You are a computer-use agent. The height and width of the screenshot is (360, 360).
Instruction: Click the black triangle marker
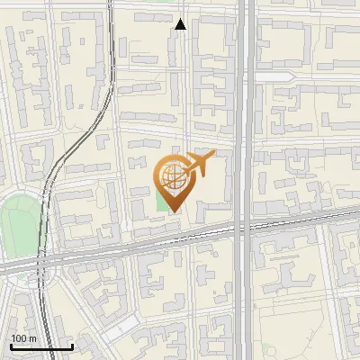pyautogui.click(x=181, y=24)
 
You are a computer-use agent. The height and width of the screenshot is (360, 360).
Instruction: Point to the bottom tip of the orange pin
pyautogui.click(x=172, y=212)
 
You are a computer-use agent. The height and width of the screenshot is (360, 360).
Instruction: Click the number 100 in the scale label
pyautogui.click(x=19, y=338)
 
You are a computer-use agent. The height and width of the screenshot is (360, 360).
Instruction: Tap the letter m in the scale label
pyautogui.click(x=31, y=338)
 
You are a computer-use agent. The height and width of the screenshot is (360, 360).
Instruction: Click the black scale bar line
pyautogui.click(x=41, y=346)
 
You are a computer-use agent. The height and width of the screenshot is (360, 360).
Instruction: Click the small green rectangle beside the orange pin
pyautogui.click(x=162, y=201)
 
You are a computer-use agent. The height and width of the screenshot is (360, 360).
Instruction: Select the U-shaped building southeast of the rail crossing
pyautogui.click(x=270, y=261)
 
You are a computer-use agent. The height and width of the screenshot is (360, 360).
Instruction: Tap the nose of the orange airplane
pyautogui.click(x=214, y=157)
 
